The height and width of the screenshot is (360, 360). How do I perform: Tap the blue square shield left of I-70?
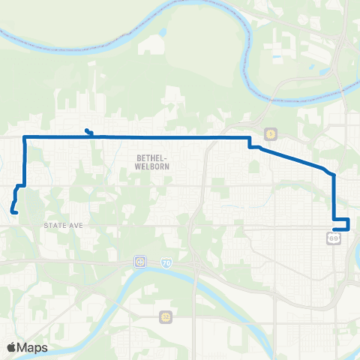(x=140, y=262)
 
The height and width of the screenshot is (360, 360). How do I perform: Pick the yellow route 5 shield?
(x=270, y=133)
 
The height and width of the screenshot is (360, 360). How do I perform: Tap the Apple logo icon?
(x=12, y=347)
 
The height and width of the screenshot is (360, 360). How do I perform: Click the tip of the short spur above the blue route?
(x=87, y=131)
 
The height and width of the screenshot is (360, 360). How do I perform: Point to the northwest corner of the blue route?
(x=25, y=137)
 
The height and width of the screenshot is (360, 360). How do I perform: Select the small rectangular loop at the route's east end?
(x=341, y=223)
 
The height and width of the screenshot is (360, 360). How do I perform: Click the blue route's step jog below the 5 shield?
(x=250, y=142)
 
